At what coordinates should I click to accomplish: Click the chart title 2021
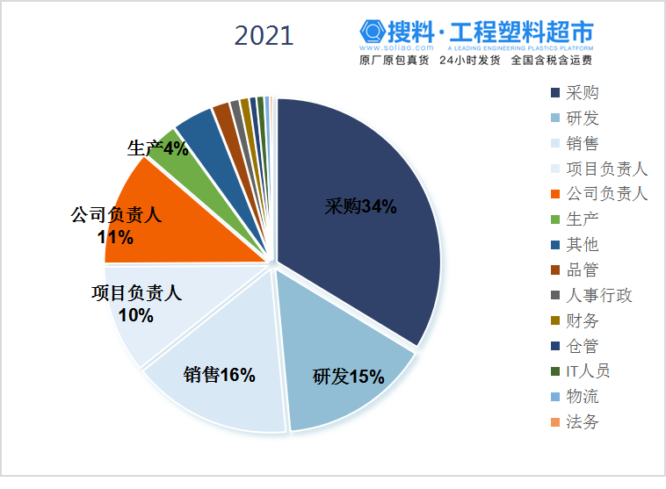coord(264,35)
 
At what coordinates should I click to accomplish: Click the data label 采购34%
coord(360,208)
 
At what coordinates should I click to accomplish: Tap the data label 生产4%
coord(158,148)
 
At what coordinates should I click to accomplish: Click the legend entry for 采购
coord(583,92)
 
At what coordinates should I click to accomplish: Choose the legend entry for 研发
coord(583,118)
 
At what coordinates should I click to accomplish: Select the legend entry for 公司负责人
coord(606,193)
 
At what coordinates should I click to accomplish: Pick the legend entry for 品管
coord(583,270)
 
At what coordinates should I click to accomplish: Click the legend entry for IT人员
coord(589,370)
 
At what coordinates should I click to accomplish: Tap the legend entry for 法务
coord(583,421)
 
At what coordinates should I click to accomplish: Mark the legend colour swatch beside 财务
coord(555,320)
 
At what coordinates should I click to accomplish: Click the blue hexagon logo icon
coord(371,33)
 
